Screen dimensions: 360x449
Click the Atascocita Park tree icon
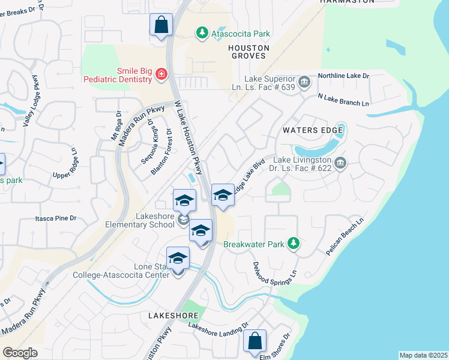click(203, 34)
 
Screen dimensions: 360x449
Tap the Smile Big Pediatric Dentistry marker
click(161, 74)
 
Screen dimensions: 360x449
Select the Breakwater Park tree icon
click(294, 243)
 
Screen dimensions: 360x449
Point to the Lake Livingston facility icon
click(340, 163)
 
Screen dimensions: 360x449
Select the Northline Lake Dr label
click(343, 76)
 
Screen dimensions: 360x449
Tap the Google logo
click(20, 352)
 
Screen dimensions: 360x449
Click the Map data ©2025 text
click(423, 355)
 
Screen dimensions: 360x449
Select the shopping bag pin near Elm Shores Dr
click(255, 340)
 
